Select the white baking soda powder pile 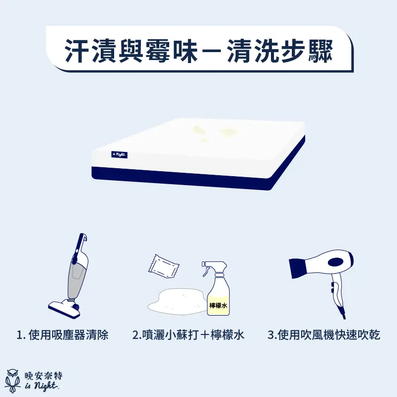(x=176, y=301)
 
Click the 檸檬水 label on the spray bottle (x=218, y=306)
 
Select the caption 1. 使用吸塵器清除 (x=63, y=335)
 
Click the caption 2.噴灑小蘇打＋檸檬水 (x=188, y=335)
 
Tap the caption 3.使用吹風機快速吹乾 (x=324, y=335)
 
